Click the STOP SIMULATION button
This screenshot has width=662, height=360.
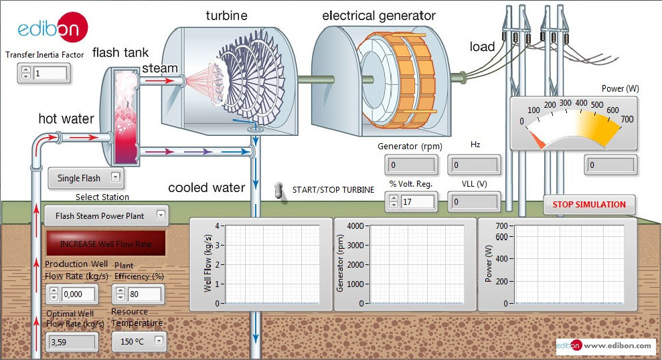pyautogui.click(x=589, y=205)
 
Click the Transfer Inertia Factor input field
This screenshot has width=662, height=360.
pyautogui.click(x=50, y=73)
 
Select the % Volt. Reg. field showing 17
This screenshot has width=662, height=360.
pyautogui.click(x=418, y=201)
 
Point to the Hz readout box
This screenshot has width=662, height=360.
pyautogui.click(x=474, y=165)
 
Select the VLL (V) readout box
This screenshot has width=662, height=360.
pyautogui.click(x=474, y=201)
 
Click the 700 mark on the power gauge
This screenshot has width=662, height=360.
pyautogui.click(x=627, y=120)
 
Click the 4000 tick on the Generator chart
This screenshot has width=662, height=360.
pyautogui.click(x=354, y=226)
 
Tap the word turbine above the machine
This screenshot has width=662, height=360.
pyautogui.click(x=226, y=15)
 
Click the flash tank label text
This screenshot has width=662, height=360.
pyautogui.click(x=120, y=52)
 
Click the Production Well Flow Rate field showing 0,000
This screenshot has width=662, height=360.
pyautogui.click(x=79, y=294)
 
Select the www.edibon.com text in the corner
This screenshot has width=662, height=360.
pyautogui.click(x=616, y=345)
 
